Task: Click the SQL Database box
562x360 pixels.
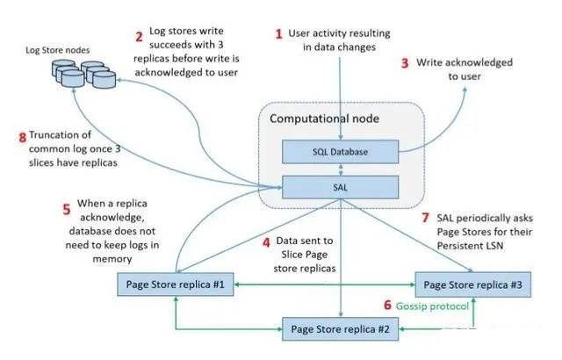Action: (340, 152)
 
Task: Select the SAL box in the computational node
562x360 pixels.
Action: (340, 187)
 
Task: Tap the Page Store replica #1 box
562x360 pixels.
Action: (176, 284)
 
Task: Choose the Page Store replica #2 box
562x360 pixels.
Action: (340, 329)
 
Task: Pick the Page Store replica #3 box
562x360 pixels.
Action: (472, 284)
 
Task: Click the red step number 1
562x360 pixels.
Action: (279, 34)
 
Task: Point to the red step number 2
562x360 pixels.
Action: (139, 37)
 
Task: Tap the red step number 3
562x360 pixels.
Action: (405, 63)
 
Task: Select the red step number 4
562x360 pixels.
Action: (266, 243)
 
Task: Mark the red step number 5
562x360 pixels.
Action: (67, 209)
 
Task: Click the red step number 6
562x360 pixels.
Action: (387, 306)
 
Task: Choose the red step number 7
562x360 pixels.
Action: (425, 218)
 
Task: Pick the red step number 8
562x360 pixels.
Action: (23, 137)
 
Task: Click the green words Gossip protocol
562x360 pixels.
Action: (432, 306)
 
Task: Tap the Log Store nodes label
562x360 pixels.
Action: (57, 50)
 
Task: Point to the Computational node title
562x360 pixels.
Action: (324, 119)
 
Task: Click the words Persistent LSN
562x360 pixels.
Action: (470, 246)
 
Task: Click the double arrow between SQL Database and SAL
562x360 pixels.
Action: (341, 169)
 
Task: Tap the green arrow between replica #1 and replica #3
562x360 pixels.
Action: (324, 284)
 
